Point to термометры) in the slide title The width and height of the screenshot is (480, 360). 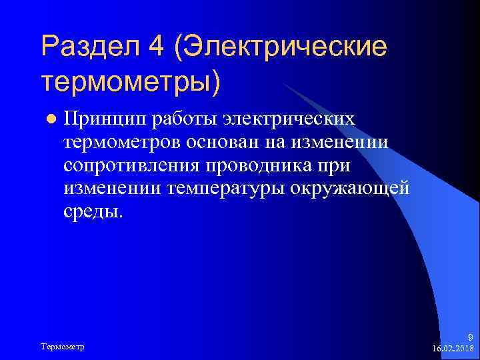pyautogui.click(x=131, y=81)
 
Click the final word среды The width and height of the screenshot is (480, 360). pyautogui.click(x=94, y=212)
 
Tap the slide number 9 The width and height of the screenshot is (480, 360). pyautogui.click(x=471, y=337)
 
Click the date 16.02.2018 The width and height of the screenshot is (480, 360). pyautogui.click(x=453, y=348)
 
